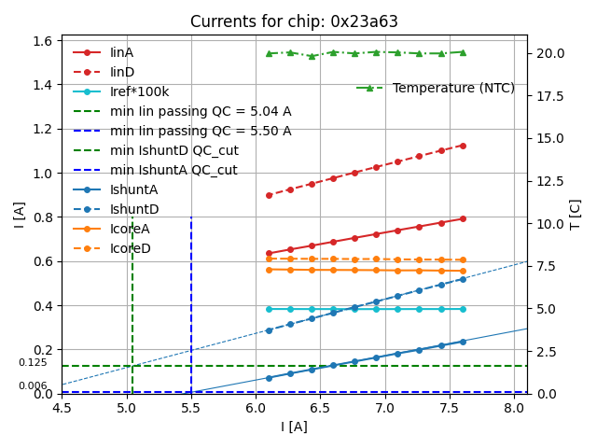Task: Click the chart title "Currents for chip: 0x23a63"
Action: click(294, 21)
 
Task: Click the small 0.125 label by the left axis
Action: click(33, 362)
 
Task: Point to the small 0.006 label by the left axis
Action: click(33, 385)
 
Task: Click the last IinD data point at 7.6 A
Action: click(463, 146)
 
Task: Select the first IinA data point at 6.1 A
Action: click(269, 253)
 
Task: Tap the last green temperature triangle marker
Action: click(463, 52)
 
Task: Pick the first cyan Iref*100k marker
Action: click(269, 309)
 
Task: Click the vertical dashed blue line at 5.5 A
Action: click(191, 299)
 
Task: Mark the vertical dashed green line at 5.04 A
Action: click(132, 299)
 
